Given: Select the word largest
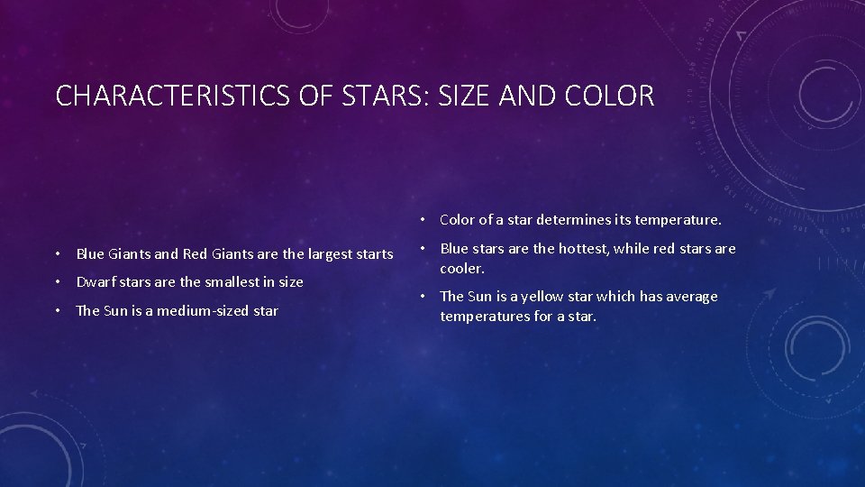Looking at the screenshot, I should tap(326, 254).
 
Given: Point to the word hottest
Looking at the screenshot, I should tap(586, 249).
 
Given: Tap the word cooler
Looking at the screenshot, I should tap(461, 269).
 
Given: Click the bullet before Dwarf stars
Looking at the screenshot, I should tap(57, 282).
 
